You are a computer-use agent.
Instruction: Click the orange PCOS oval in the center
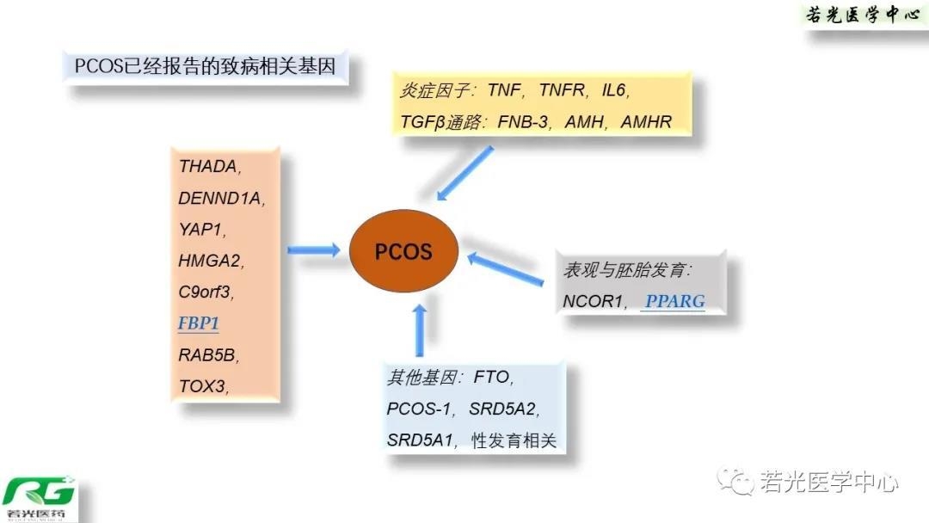(403, 252)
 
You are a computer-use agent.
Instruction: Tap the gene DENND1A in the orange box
(219, 199)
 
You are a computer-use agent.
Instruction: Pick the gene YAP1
(201, 230)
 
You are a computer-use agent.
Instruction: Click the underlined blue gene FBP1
(199, 324)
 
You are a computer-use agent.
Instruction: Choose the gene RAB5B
(207, 354)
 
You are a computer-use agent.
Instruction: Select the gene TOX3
(203, 385)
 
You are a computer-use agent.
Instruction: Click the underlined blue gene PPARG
(675, 300)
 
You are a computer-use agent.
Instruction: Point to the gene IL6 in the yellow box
(615, 89)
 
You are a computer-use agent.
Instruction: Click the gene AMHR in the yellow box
(645, 121)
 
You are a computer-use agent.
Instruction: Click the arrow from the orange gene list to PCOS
(313, 249)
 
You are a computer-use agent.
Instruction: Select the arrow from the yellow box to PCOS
(464, 173)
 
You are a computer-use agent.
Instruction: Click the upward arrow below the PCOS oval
(420, 329)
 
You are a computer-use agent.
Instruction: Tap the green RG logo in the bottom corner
(39, 498)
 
